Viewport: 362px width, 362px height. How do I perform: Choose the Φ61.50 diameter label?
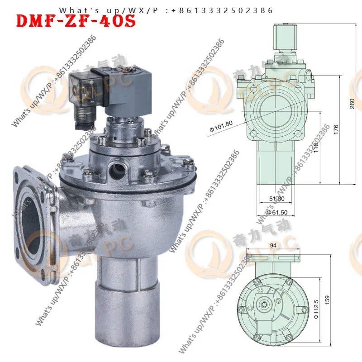point(277,212)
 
